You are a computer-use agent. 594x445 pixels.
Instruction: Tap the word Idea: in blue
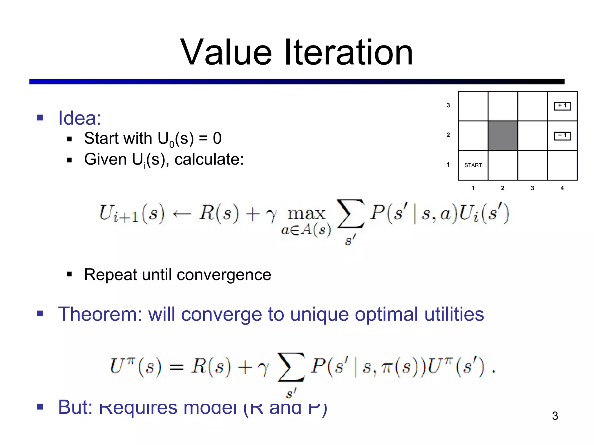80,118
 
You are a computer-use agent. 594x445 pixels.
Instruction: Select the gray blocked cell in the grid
503,136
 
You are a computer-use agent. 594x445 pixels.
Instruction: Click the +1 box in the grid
562,106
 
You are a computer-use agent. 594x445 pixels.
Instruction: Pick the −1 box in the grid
562,136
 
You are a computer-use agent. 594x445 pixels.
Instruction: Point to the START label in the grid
473,165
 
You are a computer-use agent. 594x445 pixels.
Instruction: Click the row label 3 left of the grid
448,105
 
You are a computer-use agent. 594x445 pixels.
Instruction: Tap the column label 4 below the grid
562,188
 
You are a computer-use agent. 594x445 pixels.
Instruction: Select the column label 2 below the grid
503,188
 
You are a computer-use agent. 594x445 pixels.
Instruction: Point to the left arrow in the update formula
182,214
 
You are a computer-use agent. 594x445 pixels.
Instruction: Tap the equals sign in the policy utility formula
176,367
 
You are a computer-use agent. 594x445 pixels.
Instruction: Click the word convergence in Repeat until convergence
224,275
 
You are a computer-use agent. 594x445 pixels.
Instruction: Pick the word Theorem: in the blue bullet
100,314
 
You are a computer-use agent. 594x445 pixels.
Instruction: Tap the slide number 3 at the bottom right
555,416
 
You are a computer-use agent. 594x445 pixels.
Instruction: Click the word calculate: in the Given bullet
209,159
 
